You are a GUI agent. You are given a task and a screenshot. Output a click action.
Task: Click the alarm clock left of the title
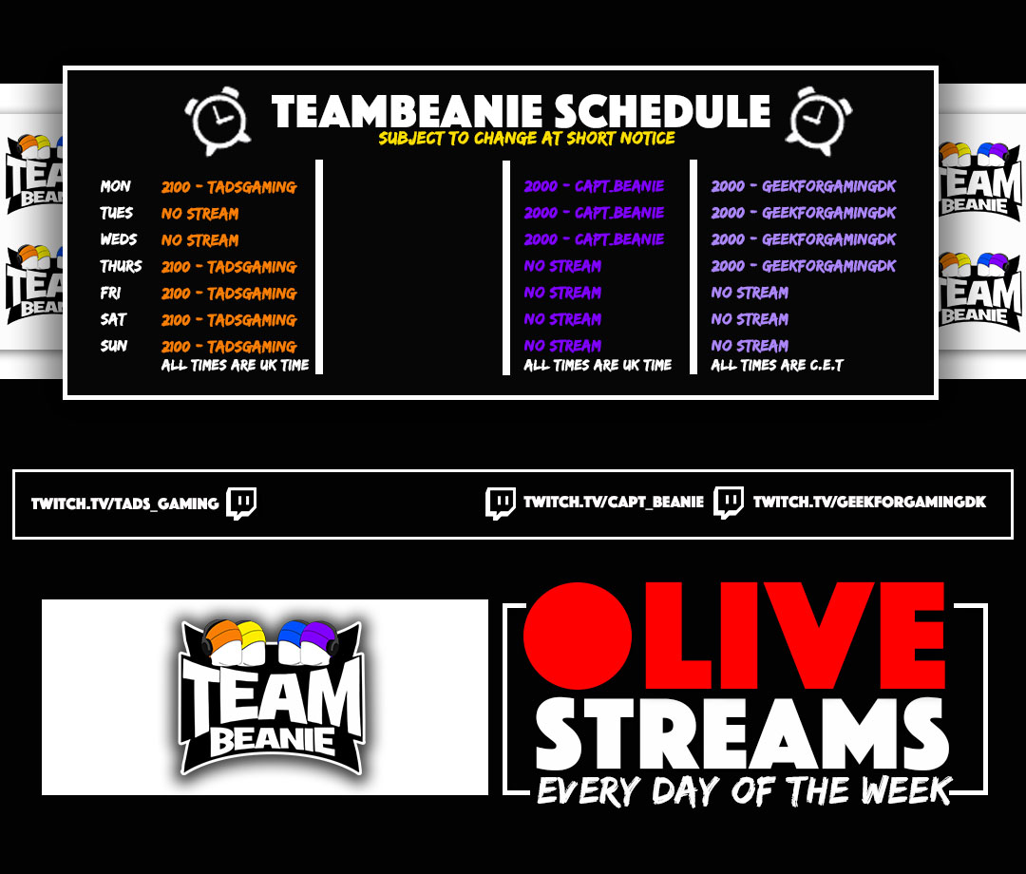coord(218,121)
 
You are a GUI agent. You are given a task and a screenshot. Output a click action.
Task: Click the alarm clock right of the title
coord(819,121)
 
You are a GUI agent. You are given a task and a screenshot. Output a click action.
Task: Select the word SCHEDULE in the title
coord(663,111)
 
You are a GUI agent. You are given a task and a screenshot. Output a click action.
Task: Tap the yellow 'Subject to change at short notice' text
coord(526,138)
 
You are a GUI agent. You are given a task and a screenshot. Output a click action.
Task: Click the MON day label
coord(115,186)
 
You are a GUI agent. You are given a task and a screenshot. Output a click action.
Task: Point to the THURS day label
coord(121,266)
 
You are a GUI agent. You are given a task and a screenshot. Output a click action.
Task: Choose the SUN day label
coord(114,346)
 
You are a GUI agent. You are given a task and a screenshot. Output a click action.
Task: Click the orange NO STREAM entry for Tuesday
coord(200,213)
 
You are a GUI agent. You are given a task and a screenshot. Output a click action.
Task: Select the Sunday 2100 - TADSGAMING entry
coord(229,346)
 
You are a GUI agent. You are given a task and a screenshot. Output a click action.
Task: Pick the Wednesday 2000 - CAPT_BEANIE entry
coord(594,239)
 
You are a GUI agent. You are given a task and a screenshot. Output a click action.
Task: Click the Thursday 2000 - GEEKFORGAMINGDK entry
coord(804,266)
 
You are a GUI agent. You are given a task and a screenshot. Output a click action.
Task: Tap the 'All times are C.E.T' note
coord(777,365)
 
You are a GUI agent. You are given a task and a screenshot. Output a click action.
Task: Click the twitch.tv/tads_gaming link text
coord(125,503)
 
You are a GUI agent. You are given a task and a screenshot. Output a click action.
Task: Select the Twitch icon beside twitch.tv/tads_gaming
coord(241,503)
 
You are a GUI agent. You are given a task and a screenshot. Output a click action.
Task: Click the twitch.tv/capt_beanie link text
coord(614,502)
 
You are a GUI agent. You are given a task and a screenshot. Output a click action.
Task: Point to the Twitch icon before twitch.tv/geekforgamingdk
coord(729,503)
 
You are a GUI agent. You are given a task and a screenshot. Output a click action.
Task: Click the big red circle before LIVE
coord(578,636)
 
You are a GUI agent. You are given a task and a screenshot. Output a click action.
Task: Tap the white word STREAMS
coord(742,733)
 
